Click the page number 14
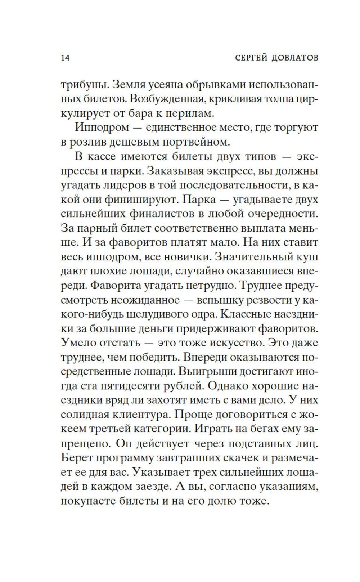click(x=65, y=58)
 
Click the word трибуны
click(x=84, y=86)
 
